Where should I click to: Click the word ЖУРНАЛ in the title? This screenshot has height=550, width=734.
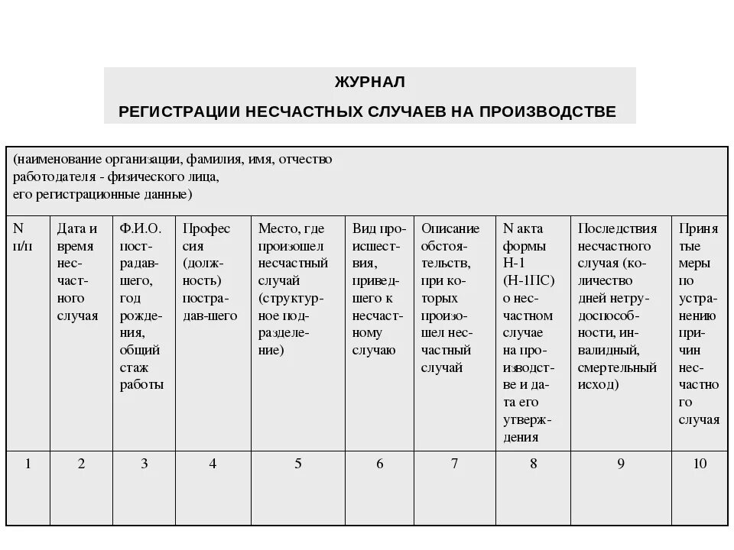tap(369, 81)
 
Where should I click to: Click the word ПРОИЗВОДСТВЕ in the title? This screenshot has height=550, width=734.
tap(547, 112)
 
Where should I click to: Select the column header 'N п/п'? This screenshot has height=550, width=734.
tap(24, 237)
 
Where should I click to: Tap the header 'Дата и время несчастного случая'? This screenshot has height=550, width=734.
tap(77, 271)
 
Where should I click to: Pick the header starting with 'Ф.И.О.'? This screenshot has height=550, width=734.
tap(141, 306)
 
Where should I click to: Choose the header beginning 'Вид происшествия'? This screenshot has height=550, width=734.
tap(378, 289)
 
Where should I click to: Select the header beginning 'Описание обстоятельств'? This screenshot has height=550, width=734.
tap(451, 297)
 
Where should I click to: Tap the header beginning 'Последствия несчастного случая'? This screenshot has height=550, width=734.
tap(618, 306)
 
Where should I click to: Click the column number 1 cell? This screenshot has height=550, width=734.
tap(28, 464)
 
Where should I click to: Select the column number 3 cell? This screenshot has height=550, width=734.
tap(144, 464)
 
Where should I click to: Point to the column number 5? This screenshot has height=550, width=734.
tap(298, 464)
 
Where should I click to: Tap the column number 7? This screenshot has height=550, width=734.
tap(454, 464)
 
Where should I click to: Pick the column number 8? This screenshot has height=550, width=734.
tap(533, 464)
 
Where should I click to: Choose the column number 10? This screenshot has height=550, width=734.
tap(700, 464)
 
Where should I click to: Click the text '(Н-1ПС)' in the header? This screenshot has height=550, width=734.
tap(527, 280)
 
